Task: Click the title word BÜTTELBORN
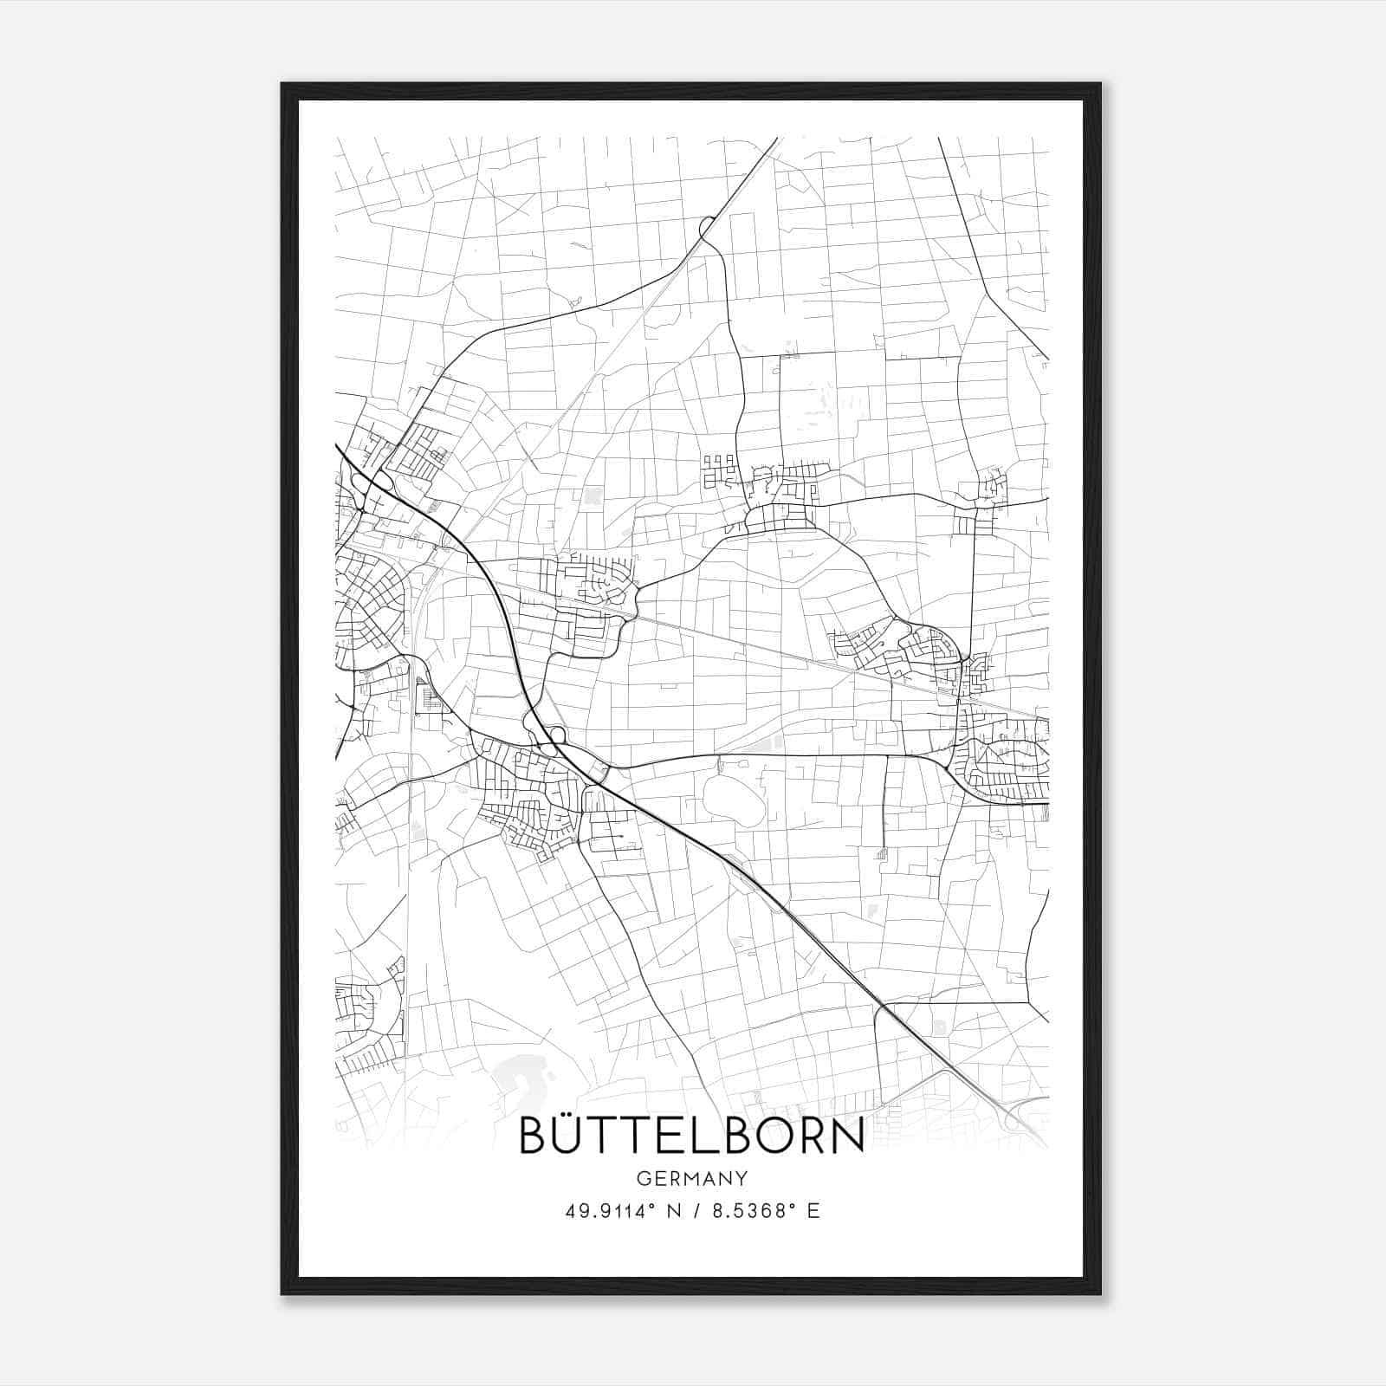[x=691, y=1136]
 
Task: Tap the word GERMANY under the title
[x=691, y=1178]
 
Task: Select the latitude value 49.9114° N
[x=615, y=1211]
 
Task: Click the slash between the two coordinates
[x=695, y=1211]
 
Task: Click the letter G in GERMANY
[x=642, y=1178]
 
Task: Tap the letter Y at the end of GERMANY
[x=742, y=1178]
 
